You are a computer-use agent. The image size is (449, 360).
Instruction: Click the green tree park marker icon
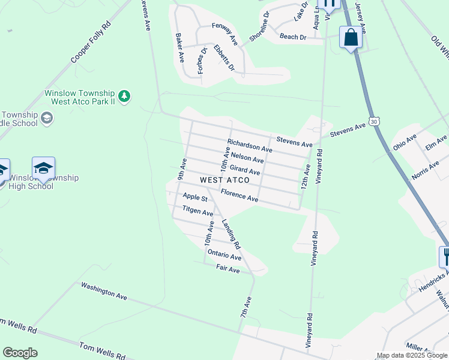click(124, 96)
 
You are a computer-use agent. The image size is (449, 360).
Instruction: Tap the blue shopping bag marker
click(351, 38)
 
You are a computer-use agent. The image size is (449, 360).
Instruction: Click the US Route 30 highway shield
click(375, 121)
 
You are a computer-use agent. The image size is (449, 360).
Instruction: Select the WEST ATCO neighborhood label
click(224, 180)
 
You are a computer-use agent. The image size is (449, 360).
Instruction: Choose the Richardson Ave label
click(250, 146)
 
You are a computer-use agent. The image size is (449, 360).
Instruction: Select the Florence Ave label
click(239, 195)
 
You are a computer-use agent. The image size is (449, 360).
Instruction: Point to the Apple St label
click(195, 197)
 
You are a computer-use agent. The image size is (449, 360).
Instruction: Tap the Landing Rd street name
click(231, 235)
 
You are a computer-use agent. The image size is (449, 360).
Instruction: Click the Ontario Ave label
click(224, 256)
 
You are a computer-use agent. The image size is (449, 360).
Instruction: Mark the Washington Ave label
click(104, 292)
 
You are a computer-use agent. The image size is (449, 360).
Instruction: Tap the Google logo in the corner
click(20, 353)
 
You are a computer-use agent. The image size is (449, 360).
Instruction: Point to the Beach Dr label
click(294, 37)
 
